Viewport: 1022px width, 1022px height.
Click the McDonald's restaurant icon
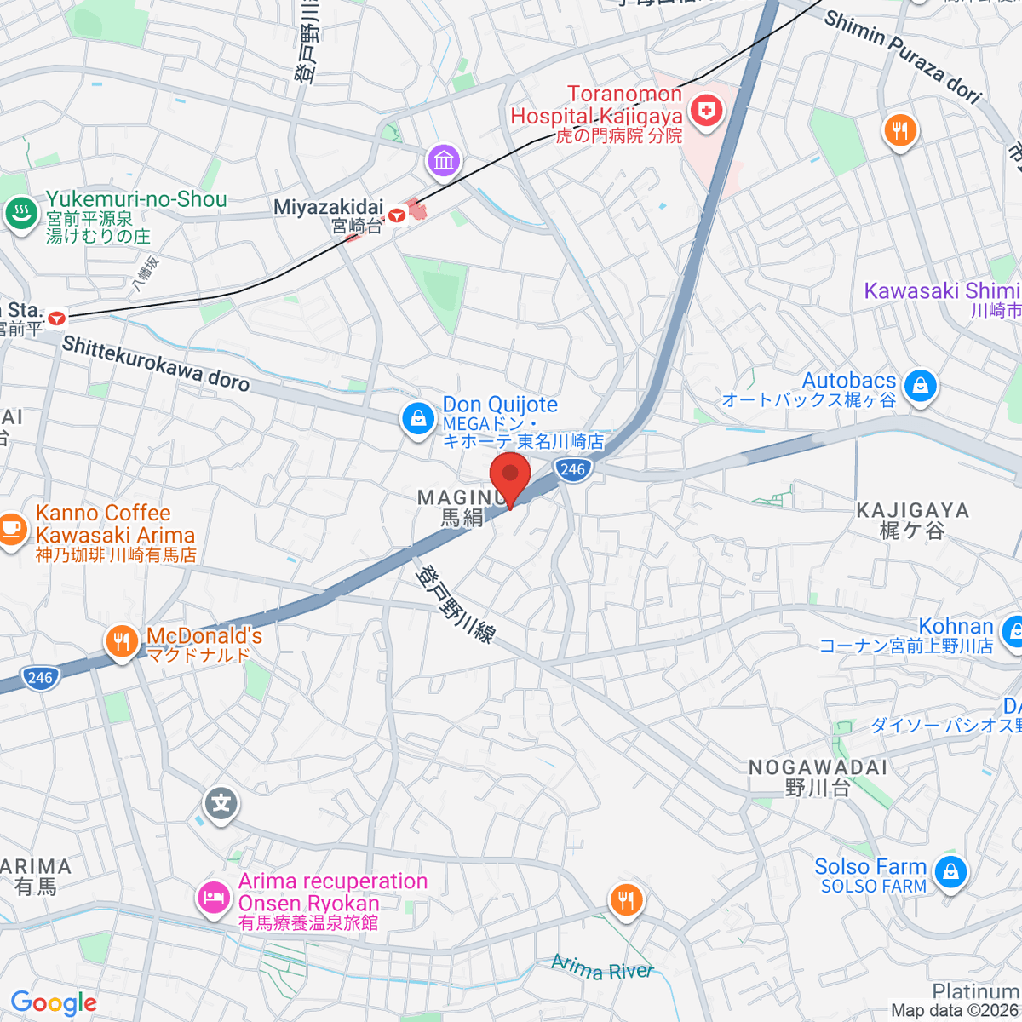(x=122, y=643)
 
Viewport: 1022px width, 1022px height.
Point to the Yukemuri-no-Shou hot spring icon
(x=20, y=213)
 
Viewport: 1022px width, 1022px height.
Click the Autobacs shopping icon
(x=920, y=386)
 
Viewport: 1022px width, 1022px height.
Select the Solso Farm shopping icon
(x=950, y=872)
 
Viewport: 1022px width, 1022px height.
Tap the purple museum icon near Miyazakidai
(x=444, y=160)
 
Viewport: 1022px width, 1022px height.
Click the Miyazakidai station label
(x=329, y=207)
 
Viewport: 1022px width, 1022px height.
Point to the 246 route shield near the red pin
(x=572, y=469)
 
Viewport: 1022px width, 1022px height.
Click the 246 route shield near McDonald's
(x=40, y=678)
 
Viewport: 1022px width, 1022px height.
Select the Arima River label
(x=601, y=968)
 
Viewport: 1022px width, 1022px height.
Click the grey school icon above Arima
(x=221, y=803)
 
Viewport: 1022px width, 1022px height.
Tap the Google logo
(x=54, y=1002)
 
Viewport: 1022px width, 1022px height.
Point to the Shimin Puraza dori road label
(x=903, y=56)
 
